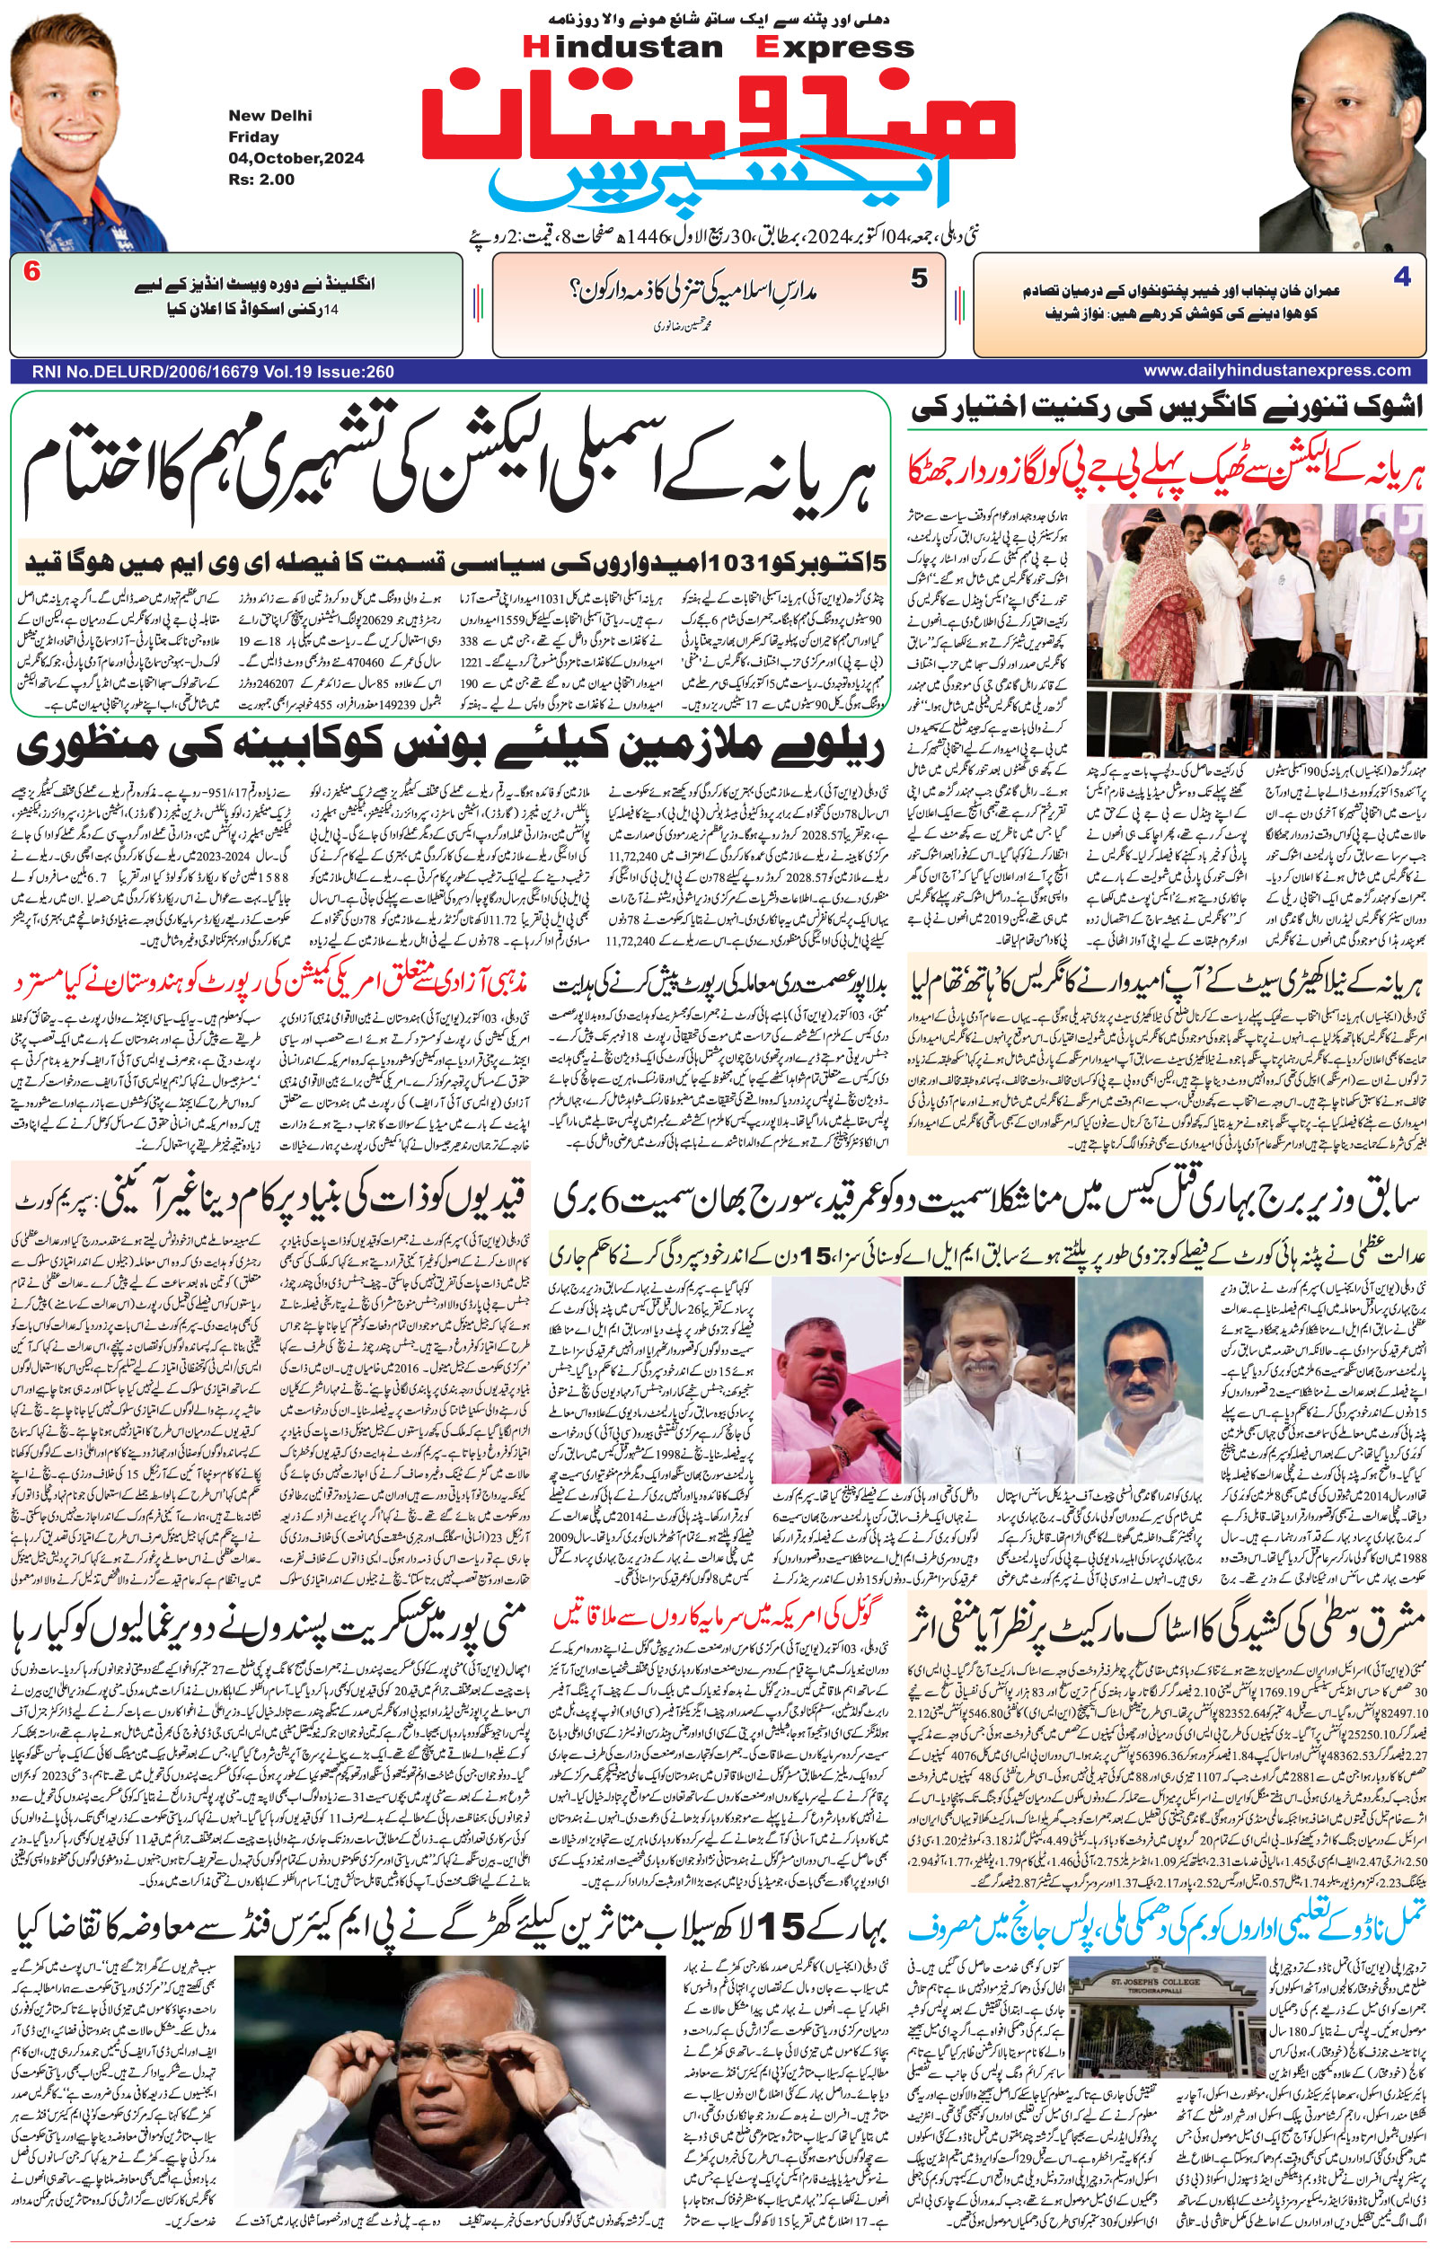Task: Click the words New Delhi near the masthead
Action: tap(270, 116)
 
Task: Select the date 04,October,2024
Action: tap(296, 158)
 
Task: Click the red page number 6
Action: tap(31, 273)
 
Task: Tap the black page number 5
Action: tap(920, 277)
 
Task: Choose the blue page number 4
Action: tap(1400, 277)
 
